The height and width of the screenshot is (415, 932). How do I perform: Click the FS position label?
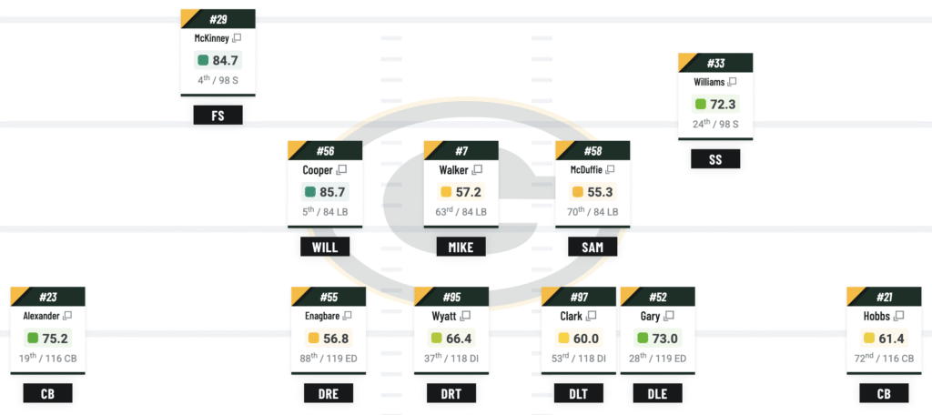[218, 116]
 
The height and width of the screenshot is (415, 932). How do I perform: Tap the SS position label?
[714, 159]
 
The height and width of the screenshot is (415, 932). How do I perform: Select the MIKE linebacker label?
[461, 247]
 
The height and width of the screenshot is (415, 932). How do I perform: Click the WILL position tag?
[325, 247]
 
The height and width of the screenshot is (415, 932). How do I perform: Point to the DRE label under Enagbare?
[328, 393]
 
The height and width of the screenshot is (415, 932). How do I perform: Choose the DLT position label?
[578, 393]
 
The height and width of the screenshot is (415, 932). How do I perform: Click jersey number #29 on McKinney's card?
[218, 19]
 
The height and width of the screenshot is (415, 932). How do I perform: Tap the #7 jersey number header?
[461, 150]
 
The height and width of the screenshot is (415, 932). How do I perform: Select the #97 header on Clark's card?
[579, 297]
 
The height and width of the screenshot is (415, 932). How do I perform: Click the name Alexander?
[41, 316]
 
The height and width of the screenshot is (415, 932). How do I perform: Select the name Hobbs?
[878, 316]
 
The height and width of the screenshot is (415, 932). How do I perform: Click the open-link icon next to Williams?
[732, 82]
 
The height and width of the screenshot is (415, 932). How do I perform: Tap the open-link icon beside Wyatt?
[466, 316]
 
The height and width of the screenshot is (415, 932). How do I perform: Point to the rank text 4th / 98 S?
[218, 80]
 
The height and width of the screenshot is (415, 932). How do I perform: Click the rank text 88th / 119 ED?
[328, 359]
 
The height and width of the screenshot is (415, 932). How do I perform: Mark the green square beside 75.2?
[33, 338]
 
